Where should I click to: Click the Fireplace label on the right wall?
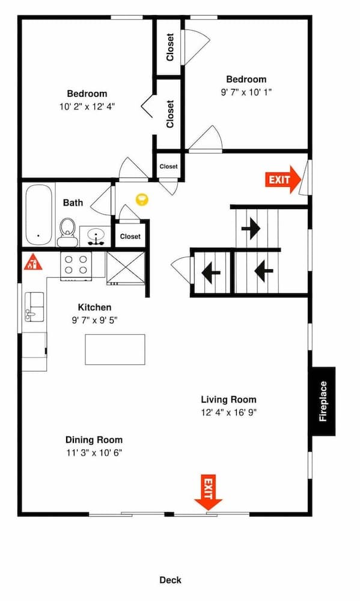tap(323, 401)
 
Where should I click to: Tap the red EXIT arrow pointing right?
tap(283, 179)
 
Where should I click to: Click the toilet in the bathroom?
tap(67, 231)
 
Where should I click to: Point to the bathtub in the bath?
tap(39, 215)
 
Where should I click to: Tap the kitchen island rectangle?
tap(114, 349)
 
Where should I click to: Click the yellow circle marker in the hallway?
tap(142, 200)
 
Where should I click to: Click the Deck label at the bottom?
tap(170, 580)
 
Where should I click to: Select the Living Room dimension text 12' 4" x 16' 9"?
tap(228, 413)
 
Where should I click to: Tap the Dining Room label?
tap(94, 439)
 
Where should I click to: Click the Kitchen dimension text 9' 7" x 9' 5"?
tap(94, 320)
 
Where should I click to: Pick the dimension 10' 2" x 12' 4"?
tap(87, 106)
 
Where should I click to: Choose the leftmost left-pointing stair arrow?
tap(210, 273)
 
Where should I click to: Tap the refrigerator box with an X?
tap(126, 266)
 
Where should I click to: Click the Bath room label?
tap(73, 203)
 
